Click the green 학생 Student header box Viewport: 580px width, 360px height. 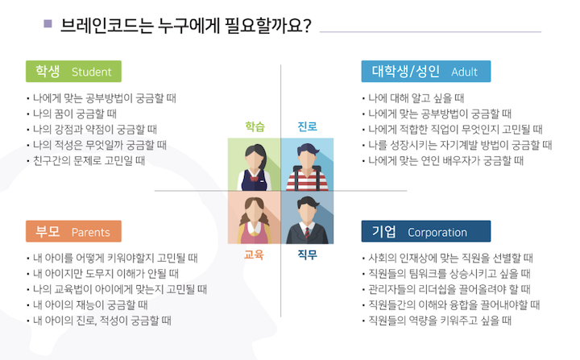[73, 71]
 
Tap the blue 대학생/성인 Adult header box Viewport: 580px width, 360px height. [425, 71]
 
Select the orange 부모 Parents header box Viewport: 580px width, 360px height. [73, 232]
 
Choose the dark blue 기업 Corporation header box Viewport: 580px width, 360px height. [425, 232]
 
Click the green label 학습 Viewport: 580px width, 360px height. [255, 126]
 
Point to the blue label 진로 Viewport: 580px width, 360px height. [307, 126]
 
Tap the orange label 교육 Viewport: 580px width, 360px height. [255, 255]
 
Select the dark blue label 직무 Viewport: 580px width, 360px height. [307, 255]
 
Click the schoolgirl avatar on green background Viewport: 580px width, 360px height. [254, 164]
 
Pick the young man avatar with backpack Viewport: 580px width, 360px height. [306, 164]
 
